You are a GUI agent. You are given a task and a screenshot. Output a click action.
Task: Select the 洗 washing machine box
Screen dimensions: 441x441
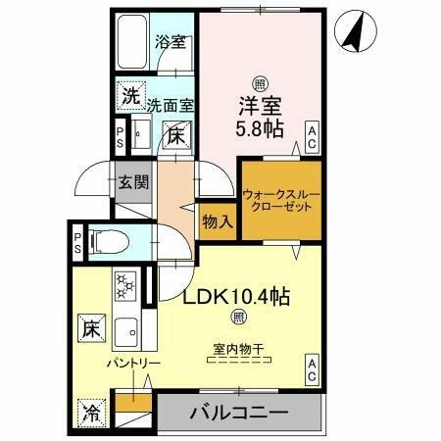click(x=130, y=96)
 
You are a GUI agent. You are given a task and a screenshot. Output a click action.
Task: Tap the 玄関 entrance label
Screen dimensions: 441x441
click(x=133, y=182)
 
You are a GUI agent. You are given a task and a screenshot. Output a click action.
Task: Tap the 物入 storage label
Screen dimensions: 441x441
click(x=218, y=222)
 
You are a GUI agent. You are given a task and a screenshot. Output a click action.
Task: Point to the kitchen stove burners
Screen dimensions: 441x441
click(x=125, y=285)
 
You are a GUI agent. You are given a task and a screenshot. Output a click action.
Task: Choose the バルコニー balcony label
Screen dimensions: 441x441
click(x=239, y=412)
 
